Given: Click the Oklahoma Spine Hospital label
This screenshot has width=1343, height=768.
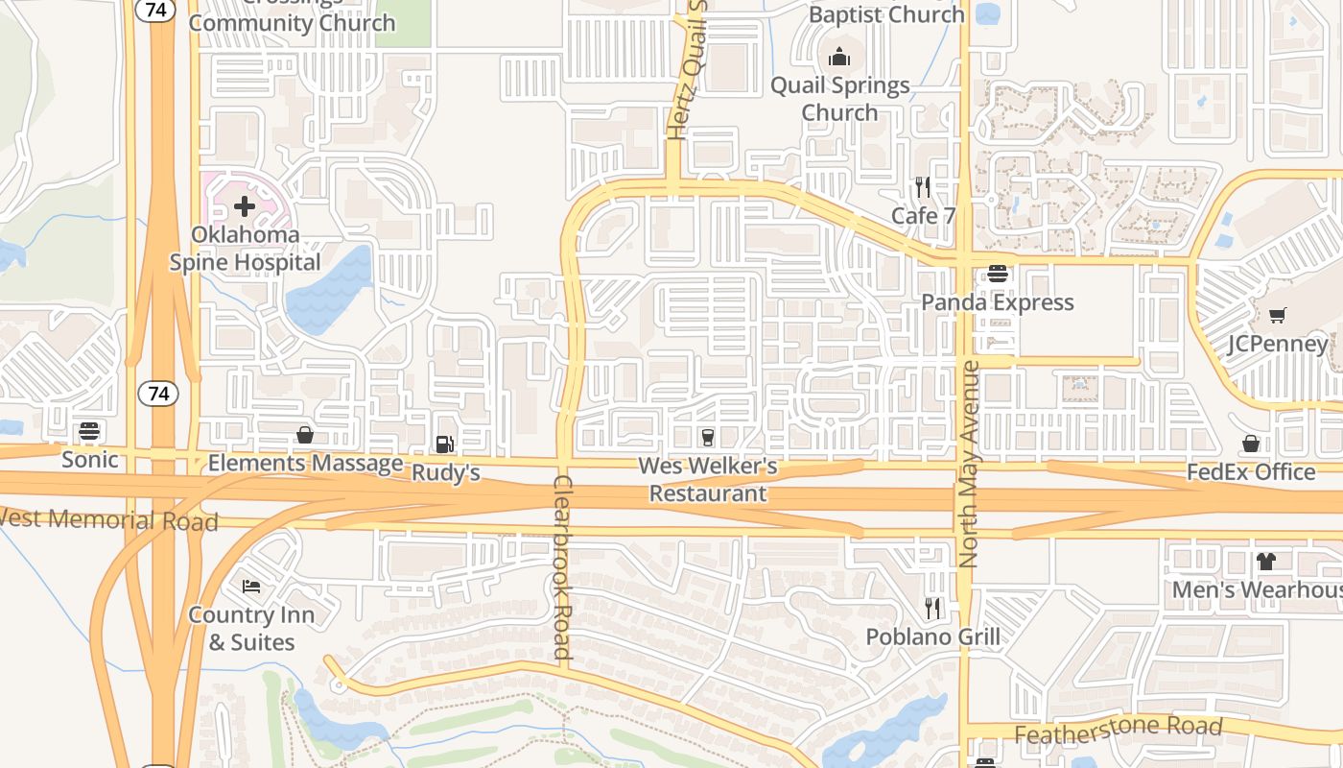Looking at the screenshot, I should pyautogui.click(x=245, y=249).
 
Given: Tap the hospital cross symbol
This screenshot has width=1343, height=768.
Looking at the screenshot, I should pyautogui.click(x=245, y=205).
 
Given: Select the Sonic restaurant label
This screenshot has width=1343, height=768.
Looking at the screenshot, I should pyautogui.click(x=90, y=459).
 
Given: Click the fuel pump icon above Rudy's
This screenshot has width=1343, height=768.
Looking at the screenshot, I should pyautogui.click(x=444, y=444).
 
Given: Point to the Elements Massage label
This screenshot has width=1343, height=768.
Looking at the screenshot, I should pyautogui.click(x=305, y=464).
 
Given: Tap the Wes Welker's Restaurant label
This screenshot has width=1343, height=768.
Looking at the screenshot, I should pyautogui.click(x=708, y=480).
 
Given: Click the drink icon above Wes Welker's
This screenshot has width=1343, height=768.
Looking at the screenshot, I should pyautogui.click(x=708, y=437).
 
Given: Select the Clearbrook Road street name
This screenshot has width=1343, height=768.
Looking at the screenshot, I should pyautogui.click(x=562, y=566).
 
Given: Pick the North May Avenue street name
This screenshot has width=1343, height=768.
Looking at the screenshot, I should pyautogui.click(x=969, y=464).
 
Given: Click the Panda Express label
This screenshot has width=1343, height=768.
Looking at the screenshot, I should pyautogui.click(x=998, y=302).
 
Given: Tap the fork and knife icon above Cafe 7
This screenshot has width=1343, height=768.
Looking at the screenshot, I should pyautogui.click(x=923, y=186).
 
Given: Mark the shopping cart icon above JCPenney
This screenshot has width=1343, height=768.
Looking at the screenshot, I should pyautogui.click(x=1277, y=315).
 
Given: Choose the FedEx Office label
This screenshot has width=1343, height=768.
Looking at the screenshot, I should pyautogui.click(x=1251, y=471).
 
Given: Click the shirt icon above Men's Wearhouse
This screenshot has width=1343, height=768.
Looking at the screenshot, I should pyautogui.click(x=1265, y=562).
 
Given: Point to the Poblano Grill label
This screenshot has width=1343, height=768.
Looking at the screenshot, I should pyautogui.click(x=932, y=636).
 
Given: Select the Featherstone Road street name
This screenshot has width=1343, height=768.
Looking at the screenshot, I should pyautogui.click(x=1119, y=731).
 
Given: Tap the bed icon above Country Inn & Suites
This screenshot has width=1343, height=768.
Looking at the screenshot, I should pyautogui.click(x=251, y=586).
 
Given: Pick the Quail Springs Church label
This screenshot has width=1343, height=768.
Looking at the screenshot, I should pyautogui.click(x=840, y=99).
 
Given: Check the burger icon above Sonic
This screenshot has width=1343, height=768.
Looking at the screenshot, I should pyautogui.click(x=89, y=431).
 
